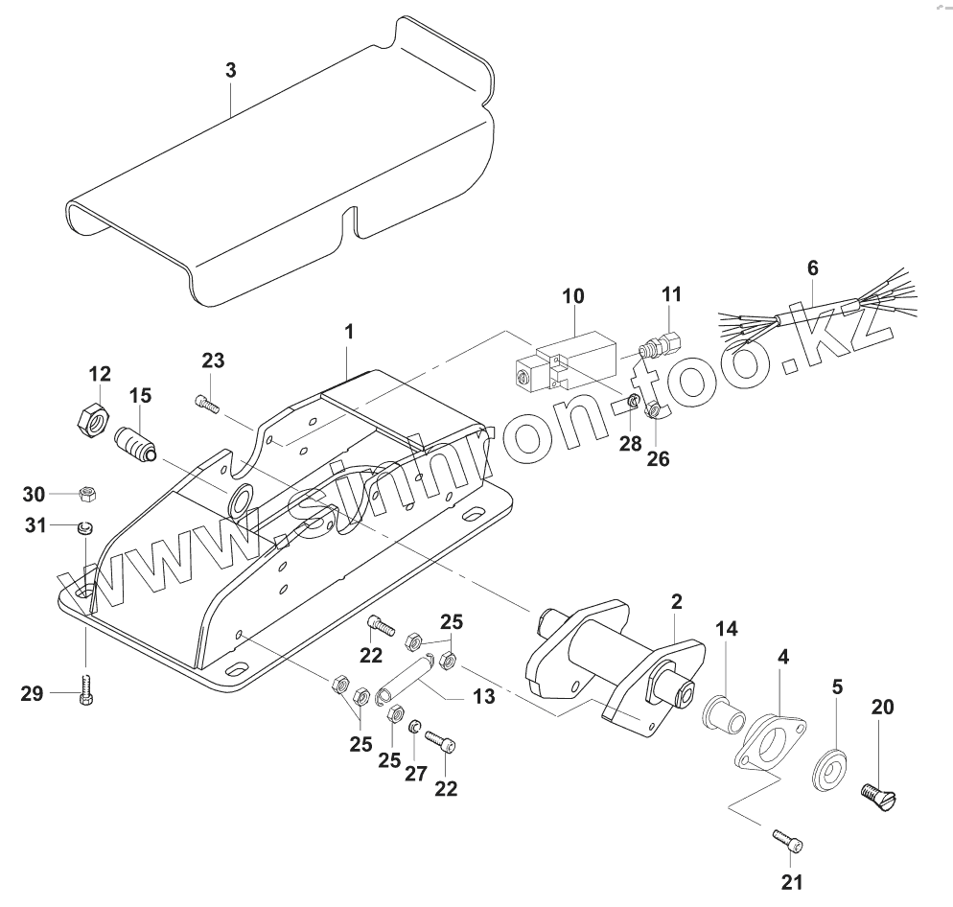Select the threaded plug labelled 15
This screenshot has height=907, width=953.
click(x=135, y=446)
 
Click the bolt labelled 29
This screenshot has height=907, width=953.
click(x=86, y=692)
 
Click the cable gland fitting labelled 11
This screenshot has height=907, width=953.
click(x=662, y=340)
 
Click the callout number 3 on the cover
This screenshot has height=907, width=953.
click(x=230, y=70)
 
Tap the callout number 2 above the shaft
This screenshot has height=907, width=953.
click(x=676, y=601)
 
